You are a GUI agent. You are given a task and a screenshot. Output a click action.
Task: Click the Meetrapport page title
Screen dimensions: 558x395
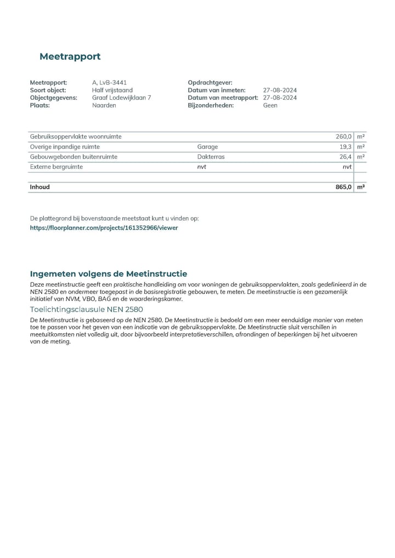[70, 56]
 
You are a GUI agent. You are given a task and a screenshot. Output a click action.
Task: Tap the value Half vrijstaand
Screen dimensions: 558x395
[112, 90]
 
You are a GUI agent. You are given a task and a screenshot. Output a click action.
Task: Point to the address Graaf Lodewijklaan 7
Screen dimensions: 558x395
[121, 98]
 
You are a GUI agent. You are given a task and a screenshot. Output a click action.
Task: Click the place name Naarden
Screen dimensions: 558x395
[104, 106]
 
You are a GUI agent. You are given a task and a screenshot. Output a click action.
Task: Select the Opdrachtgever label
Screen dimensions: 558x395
[210, 83]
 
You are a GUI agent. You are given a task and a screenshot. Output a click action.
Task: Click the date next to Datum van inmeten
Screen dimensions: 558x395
[280, 90]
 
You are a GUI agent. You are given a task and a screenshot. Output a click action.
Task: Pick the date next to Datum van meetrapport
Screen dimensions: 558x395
[280, 98]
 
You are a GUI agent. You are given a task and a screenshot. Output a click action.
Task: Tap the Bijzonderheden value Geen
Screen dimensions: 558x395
[270, 106]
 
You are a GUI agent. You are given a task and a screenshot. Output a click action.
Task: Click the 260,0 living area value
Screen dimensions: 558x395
[343, 136]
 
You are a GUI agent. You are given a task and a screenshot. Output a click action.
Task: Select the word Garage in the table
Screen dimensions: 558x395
[207, 147]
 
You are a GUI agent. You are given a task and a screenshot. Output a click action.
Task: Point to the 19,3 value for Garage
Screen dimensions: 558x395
[345, 147]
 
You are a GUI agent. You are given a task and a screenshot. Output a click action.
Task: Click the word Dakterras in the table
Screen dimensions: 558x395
[211, 157]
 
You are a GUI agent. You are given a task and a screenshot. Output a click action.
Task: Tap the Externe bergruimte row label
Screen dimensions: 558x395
[57, 167]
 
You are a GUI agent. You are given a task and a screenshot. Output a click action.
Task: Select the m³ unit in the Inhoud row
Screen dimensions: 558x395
[361, 187]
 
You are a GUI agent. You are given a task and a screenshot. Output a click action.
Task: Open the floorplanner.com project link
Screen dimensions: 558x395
[104, 227]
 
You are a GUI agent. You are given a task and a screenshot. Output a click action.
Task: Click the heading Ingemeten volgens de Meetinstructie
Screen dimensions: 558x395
[108, 274]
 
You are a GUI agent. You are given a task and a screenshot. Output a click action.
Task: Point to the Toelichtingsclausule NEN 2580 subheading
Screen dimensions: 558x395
[86, 309]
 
